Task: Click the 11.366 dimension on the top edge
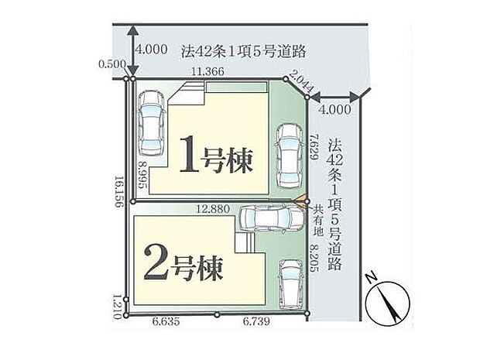point(210,71)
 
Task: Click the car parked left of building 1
point(149,122)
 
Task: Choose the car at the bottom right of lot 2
point(290,281)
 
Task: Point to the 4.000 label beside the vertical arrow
point(151,48)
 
